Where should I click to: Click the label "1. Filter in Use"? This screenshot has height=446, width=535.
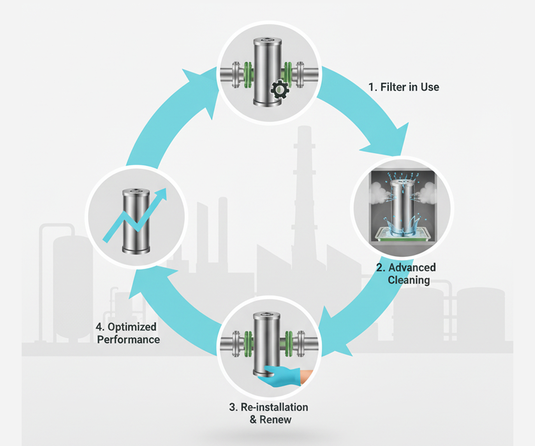coord(403,87)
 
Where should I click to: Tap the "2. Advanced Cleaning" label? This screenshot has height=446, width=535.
coord(406,273)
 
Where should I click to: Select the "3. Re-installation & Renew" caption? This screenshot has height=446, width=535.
coord(269,413)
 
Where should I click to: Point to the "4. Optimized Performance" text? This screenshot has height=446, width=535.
coord(127,333)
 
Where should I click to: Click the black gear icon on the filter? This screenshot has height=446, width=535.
coord(279,90)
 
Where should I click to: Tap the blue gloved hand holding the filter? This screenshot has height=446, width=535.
coord(281,376)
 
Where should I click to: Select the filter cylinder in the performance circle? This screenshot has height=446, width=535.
coord(136,221)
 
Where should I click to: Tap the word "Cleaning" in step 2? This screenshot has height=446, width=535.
coord(408,280)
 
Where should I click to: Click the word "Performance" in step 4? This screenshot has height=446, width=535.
coord(128,340)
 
